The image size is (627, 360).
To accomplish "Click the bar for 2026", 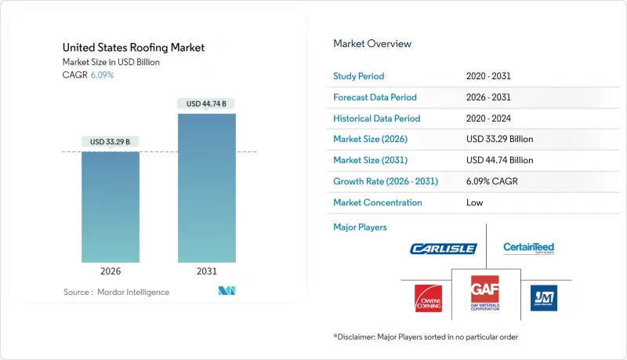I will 111,206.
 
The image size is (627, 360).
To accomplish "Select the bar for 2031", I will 207,187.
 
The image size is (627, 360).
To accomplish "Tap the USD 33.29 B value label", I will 111,142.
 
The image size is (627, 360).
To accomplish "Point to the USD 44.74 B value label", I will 207,104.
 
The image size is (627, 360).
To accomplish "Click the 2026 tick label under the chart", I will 111,271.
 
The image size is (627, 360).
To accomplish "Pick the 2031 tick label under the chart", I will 207,271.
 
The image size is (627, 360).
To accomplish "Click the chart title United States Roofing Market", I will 132,48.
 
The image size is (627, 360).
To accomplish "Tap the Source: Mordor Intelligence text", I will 116,292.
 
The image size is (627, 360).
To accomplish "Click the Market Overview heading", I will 372,43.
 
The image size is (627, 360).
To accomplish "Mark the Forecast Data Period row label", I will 375,97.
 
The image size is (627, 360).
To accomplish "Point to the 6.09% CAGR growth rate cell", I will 495,181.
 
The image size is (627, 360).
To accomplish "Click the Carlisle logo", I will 443,249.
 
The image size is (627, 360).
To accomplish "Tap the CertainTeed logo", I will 528,249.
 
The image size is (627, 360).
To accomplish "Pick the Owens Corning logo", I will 428,298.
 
